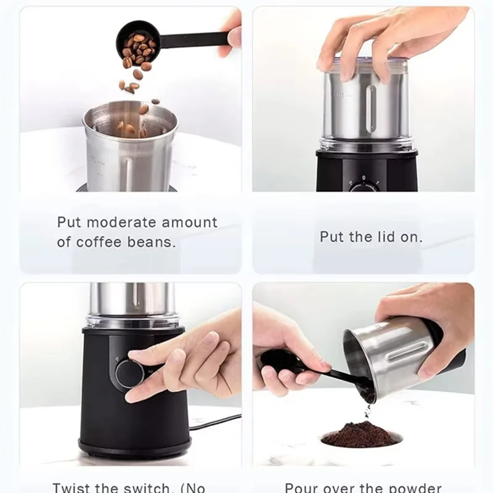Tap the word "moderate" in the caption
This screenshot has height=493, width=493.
pyautogui.click(x=129, y=222)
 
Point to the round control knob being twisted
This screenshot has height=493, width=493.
pyautogui.click(x=129, y=373)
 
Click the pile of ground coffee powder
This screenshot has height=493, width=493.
pyautogui.click(x=361, y=434)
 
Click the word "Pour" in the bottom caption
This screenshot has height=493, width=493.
pyautogui.click(x=303, y=487)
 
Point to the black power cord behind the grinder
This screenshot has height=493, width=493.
pyautogui.click(x=216, y=422)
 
